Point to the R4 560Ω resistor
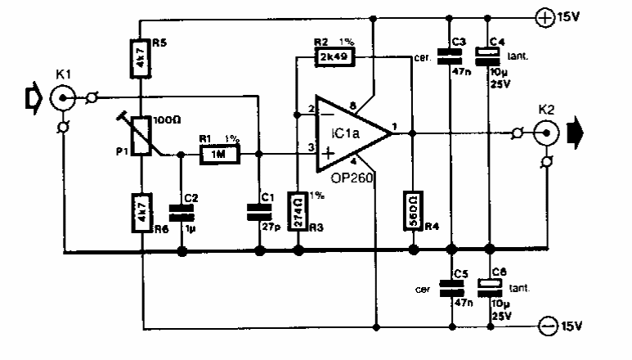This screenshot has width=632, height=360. click(413, 211)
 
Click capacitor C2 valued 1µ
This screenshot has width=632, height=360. click(181, 214)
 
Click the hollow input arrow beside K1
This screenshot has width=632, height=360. click(33, 99)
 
